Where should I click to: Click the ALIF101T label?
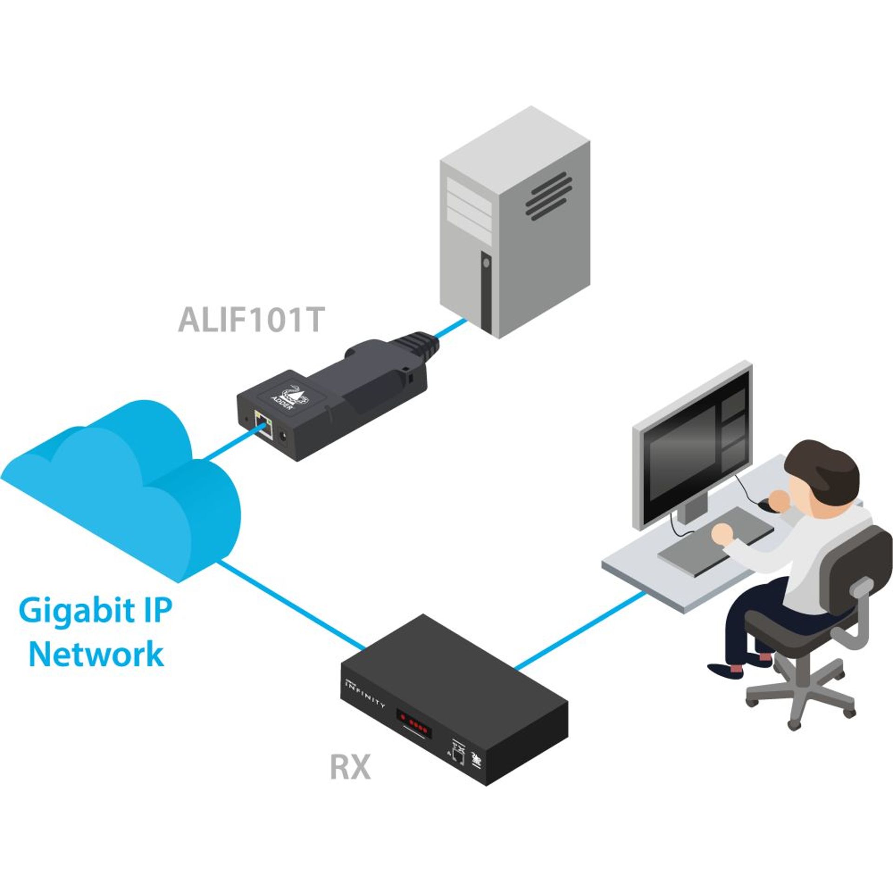(x=250, y=320)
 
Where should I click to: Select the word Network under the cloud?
(x=96, y=653)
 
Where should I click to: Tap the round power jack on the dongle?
(x=282, y=436)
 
